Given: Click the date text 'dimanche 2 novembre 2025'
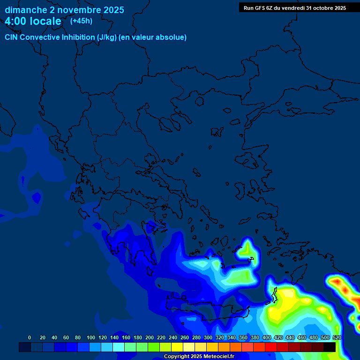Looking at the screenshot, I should tap(64, 10).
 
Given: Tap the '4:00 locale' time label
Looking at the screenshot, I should tap(33, 22).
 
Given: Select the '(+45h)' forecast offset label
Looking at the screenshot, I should tap(81, 21).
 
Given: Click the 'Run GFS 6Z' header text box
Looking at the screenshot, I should tap(294, 8).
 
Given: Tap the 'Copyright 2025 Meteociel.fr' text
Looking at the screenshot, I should tap(199, 357).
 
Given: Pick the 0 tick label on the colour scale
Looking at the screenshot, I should tap(30, 337).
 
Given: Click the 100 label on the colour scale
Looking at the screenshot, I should tap(91, 337).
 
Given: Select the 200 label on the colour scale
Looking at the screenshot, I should tap(150, 337).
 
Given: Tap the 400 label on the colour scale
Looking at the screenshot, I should tap(267, 337).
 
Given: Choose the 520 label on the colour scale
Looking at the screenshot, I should tap(336, 337).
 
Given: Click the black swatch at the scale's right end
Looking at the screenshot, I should tap(330, 347).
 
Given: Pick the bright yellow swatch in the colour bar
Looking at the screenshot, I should tap(177, 347).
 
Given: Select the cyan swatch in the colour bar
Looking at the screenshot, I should tap(119, 347).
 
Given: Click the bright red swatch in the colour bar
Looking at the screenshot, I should tap(271, 347).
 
